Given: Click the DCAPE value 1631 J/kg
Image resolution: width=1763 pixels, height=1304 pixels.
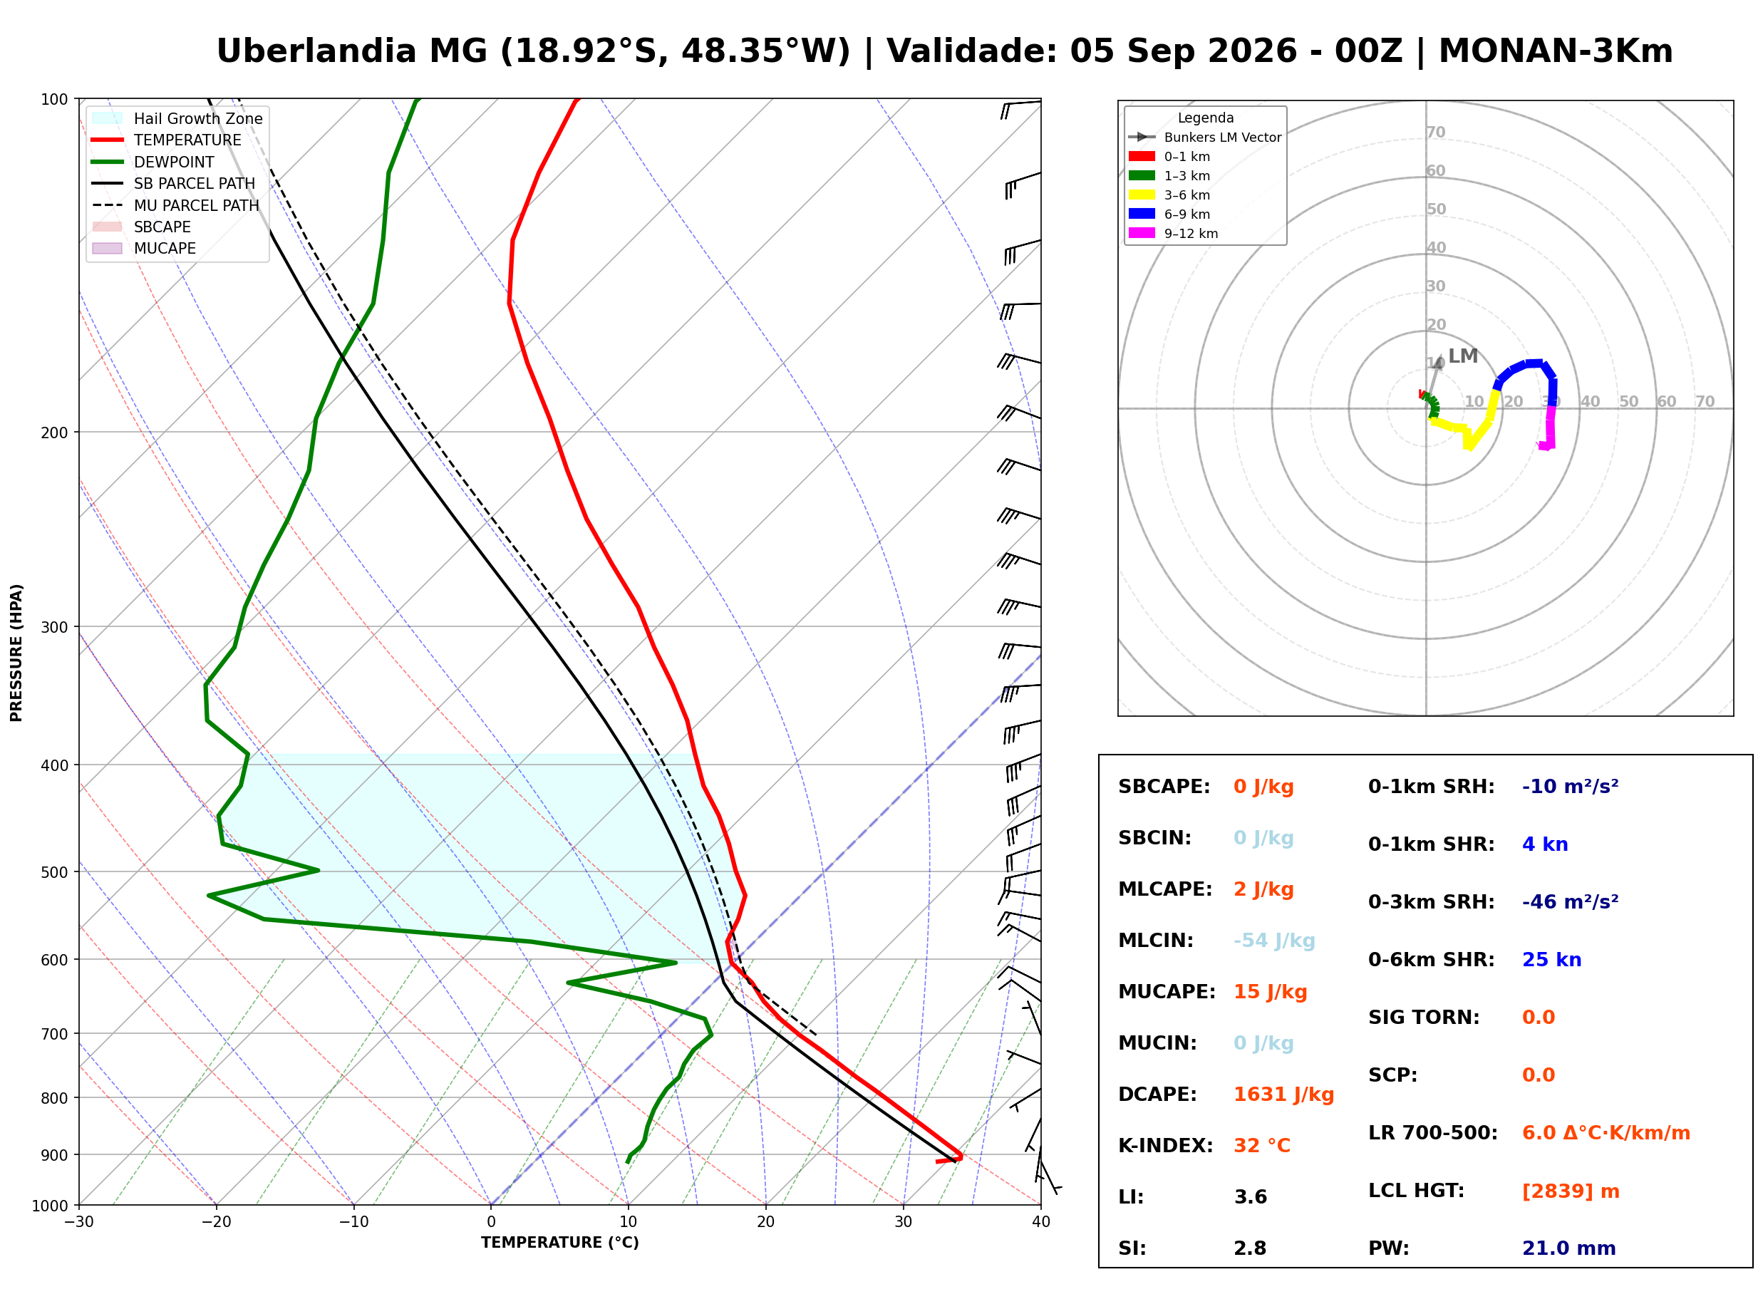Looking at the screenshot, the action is click(1283, 1095).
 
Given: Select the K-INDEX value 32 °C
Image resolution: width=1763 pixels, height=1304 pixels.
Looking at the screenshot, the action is click(1262, 1146).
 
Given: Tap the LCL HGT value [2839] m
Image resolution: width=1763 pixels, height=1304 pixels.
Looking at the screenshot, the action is click(1571, 1191).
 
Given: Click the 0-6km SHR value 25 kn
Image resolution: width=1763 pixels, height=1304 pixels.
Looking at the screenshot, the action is click(1551, 960).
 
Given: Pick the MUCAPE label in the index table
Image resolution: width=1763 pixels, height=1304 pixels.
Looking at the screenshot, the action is click(1167, 992).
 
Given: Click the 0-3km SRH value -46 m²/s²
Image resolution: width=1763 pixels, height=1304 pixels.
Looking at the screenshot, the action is click(1570, 901).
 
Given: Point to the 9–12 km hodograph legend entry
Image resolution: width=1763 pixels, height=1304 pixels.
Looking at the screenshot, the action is click(1174, 234).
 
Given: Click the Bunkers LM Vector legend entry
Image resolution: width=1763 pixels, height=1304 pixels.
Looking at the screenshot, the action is click(1205, 138).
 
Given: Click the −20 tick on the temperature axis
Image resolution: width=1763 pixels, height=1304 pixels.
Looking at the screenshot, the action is click(215, 1222).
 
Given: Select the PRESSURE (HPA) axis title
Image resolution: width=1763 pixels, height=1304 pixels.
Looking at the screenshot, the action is click(16, 653).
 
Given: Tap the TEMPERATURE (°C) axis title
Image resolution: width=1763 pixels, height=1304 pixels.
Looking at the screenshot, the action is click(559, 1243).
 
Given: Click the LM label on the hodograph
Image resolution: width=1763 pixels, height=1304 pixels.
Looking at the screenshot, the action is click(1462, 356).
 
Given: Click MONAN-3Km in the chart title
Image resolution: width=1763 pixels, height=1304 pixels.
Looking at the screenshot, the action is click(1555, 51).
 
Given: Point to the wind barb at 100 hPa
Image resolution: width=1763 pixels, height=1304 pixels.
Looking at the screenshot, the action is click(1021, 108).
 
